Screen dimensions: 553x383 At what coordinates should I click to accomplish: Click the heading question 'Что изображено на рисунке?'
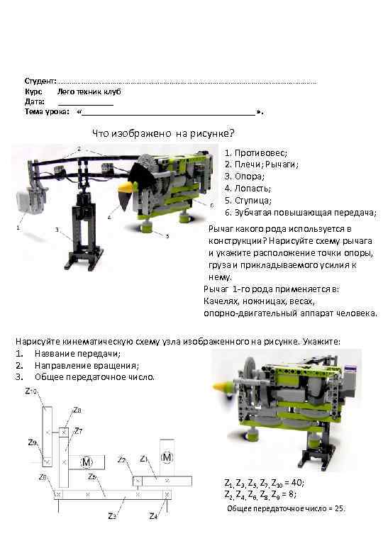164,133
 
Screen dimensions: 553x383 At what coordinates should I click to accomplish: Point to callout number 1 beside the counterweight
18,228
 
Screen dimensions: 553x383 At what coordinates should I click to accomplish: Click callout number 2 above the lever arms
79,150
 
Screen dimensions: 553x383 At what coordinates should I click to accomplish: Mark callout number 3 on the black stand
57,230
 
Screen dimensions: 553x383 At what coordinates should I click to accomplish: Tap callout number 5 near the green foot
167,235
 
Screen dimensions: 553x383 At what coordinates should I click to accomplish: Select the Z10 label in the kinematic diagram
32,391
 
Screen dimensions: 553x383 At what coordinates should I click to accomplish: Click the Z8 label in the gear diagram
78,410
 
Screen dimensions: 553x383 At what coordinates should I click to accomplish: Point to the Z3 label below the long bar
112,515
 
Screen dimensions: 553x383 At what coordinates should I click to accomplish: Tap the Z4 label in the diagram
152,515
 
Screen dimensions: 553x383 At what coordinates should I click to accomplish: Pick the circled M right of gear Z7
87,462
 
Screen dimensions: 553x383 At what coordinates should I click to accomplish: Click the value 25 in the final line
338,508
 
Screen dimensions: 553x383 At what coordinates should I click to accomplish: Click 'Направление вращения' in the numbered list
78,365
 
